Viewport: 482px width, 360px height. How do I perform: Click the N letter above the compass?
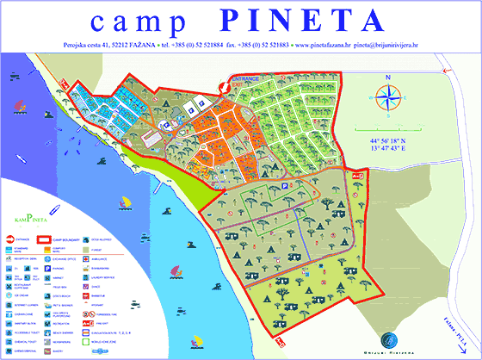pos(389,77)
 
